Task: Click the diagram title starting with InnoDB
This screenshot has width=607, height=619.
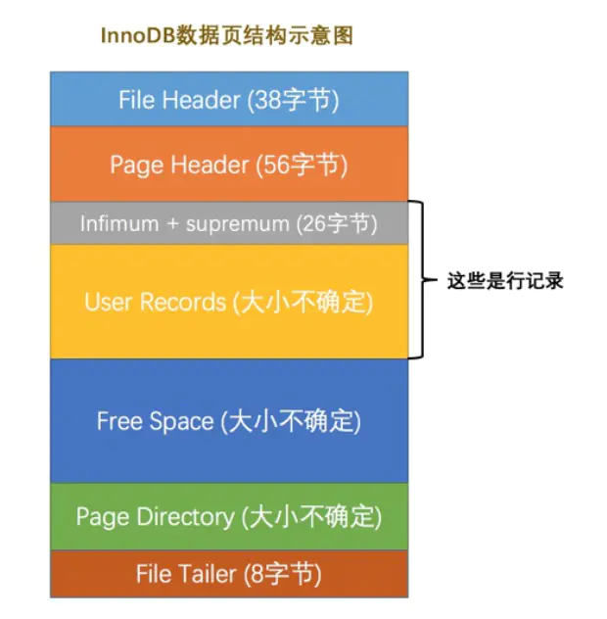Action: pyautogui.click(x=226, y=36)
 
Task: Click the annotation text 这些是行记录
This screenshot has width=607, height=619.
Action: pyautogui.click(x=505, y=280)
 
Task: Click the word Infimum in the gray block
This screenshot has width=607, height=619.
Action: pyautogui.click(x=118, y=223)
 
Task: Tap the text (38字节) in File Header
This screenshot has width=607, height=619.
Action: pyautogui.click(x=293, y=99)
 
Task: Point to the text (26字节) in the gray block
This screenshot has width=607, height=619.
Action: pyautogui.click(x=336, y=223)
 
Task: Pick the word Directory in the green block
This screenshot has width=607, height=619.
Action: pyautogui.click(x=187, y=515)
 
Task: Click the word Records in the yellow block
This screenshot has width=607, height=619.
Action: pyautogui.click(x=181, y=302)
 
